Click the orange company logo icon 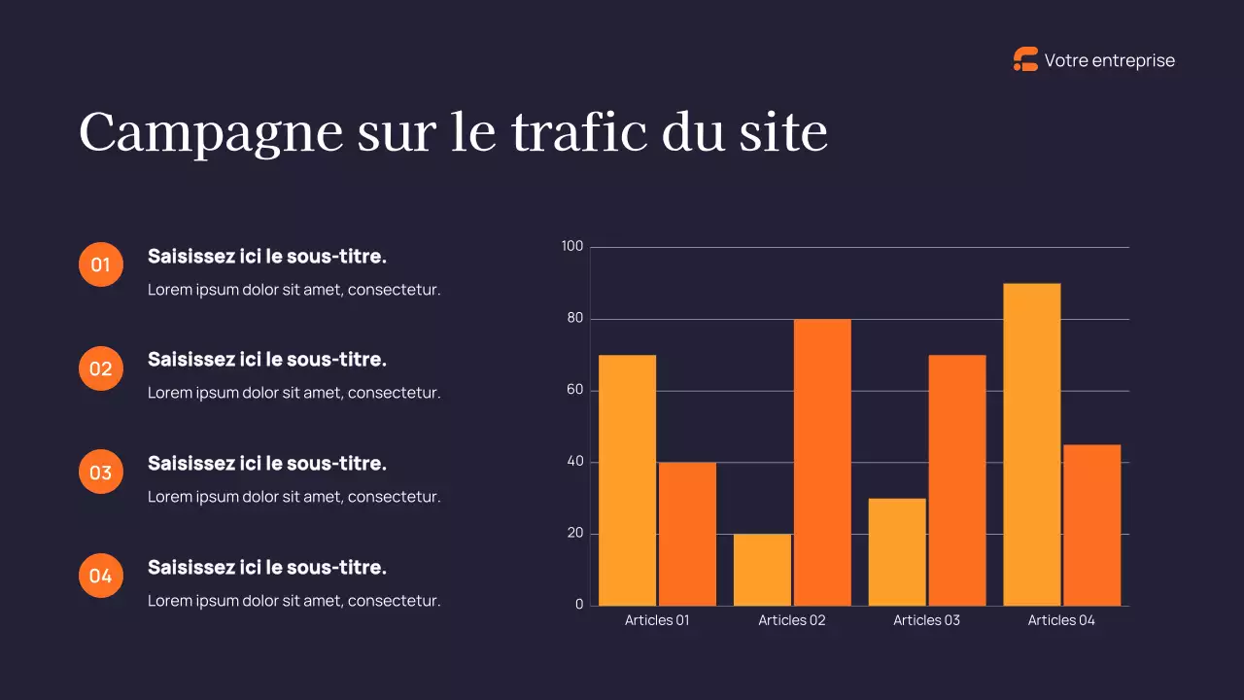[1025, 60]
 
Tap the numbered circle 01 [101, 264]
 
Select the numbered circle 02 [101, 368]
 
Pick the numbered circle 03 [101, 472]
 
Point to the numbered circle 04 [101, 576]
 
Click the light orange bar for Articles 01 [627, 480]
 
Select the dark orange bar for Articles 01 [687, 534]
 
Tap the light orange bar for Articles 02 [762, 570]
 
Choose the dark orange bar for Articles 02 [822, 463]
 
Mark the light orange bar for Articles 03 [897, 551]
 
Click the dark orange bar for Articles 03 [957, 480]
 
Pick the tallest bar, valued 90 [1032, 444]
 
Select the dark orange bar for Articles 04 [1092, 525]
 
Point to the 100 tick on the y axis [572, 247]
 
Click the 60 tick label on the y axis [574, 390]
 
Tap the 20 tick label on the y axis [574, 533]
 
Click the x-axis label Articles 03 [926, 620]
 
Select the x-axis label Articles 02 [792, 620]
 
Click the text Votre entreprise [1109, 60]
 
